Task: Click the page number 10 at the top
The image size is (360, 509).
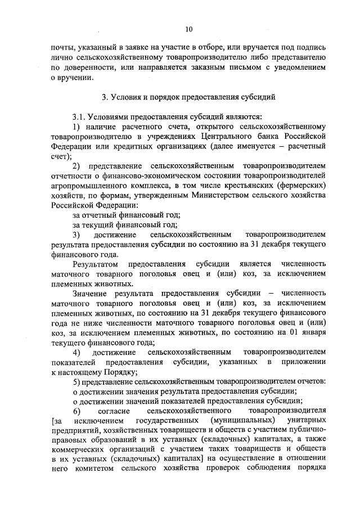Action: click(x=188, y=29)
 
